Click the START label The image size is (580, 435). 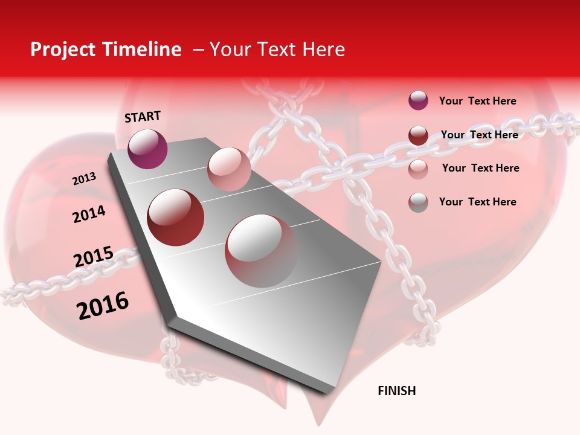point(143,117)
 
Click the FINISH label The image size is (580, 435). point(396,391)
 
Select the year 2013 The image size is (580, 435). point(84,178)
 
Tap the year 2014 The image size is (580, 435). point(89,214)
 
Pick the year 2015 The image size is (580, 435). point(93,257)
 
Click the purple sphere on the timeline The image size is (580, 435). point(147,149)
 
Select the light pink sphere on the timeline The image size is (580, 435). point(229,169)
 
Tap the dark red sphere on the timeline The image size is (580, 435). point(176,217)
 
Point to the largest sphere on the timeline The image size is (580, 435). point(262,250)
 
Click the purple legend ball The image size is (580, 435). point(418,100)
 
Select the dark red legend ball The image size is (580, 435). point(418,135)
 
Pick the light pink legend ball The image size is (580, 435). point(418,169)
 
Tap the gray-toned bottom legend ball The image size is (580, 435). point(418,202)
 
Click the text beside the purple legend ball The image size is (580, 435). point(477,101)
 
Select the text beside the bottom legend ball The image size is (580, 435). point(477,202)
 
